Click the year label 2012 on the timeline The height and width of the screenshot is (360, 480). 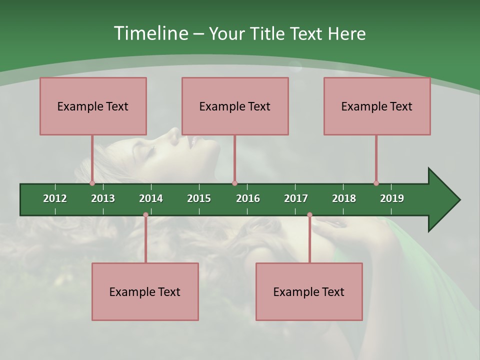pos(55,198)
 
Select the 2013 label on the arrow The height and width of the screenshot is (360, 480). pos(103,198)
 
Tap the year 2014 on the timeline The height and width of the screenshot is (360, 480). pos(151,198)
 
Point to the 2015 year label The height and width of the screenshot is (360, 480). pos(199,198)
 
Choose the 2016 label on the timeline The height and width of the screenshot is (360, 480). pos(248,198)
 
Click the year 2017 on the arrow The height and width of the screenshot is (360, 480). pos(296,198)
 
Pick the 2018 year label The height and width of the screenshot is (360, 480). pos(344,198)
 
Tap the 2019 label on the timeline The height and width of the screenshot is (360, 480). pos(392,198)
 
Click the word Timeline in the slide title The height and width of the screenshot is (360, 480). pos(150,33)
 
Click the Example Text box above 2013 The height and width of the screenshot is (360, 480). pos(93,106)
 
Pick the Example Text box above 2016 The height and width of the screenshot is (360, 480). pos(235,106)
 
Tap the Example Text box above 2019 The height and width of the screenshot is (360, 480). pos(377,106)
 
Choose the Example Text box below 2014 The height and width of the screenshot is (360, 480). pos(145,291)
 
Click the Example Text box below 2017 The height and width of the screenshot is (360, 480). pos(309,291)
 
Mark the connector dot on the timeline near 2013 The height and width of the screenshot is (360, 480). pos(92,183)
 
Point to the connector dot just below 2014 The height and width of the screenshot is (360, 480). pos(145,214)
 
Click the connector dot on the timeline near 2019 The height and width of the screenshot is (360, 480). pos(376,183)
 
